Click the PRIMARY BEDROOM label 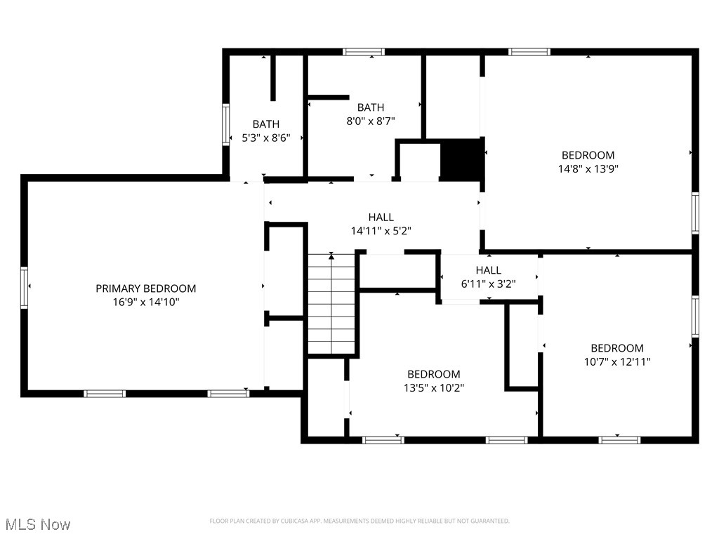[x=145, y=288]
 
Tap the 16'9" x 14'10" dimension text [x=145, y=302]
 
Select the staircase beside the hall [x=331, y=305]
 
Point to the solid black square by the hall [x=461, y=159]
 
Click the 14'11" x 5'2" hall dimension [x=381, y=230]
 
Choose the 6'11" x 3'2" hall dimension [x=488, y=284]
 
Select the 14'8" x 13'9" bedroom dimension [x=588, y=168]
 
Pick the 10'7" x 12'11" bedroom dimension [x=616, y=361]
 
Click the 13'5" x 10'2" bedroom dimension [x=433, y=387]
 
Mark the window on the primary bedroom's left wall [x=25, y=288]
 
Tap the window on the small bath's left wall [x=226, y=125]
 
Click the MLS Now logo [x=37, y=524]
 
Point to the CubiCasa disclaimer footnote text [x=359, y=521]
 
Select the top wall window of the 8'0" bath [x=364, y=51]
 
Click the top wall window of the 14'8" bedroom [x=529, y=51]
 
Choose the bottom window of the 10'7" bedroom [x=619, y=440]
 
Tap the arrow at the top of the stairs [x=331, y=256]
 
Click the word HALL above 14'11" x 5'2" [x=381, y=218]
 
